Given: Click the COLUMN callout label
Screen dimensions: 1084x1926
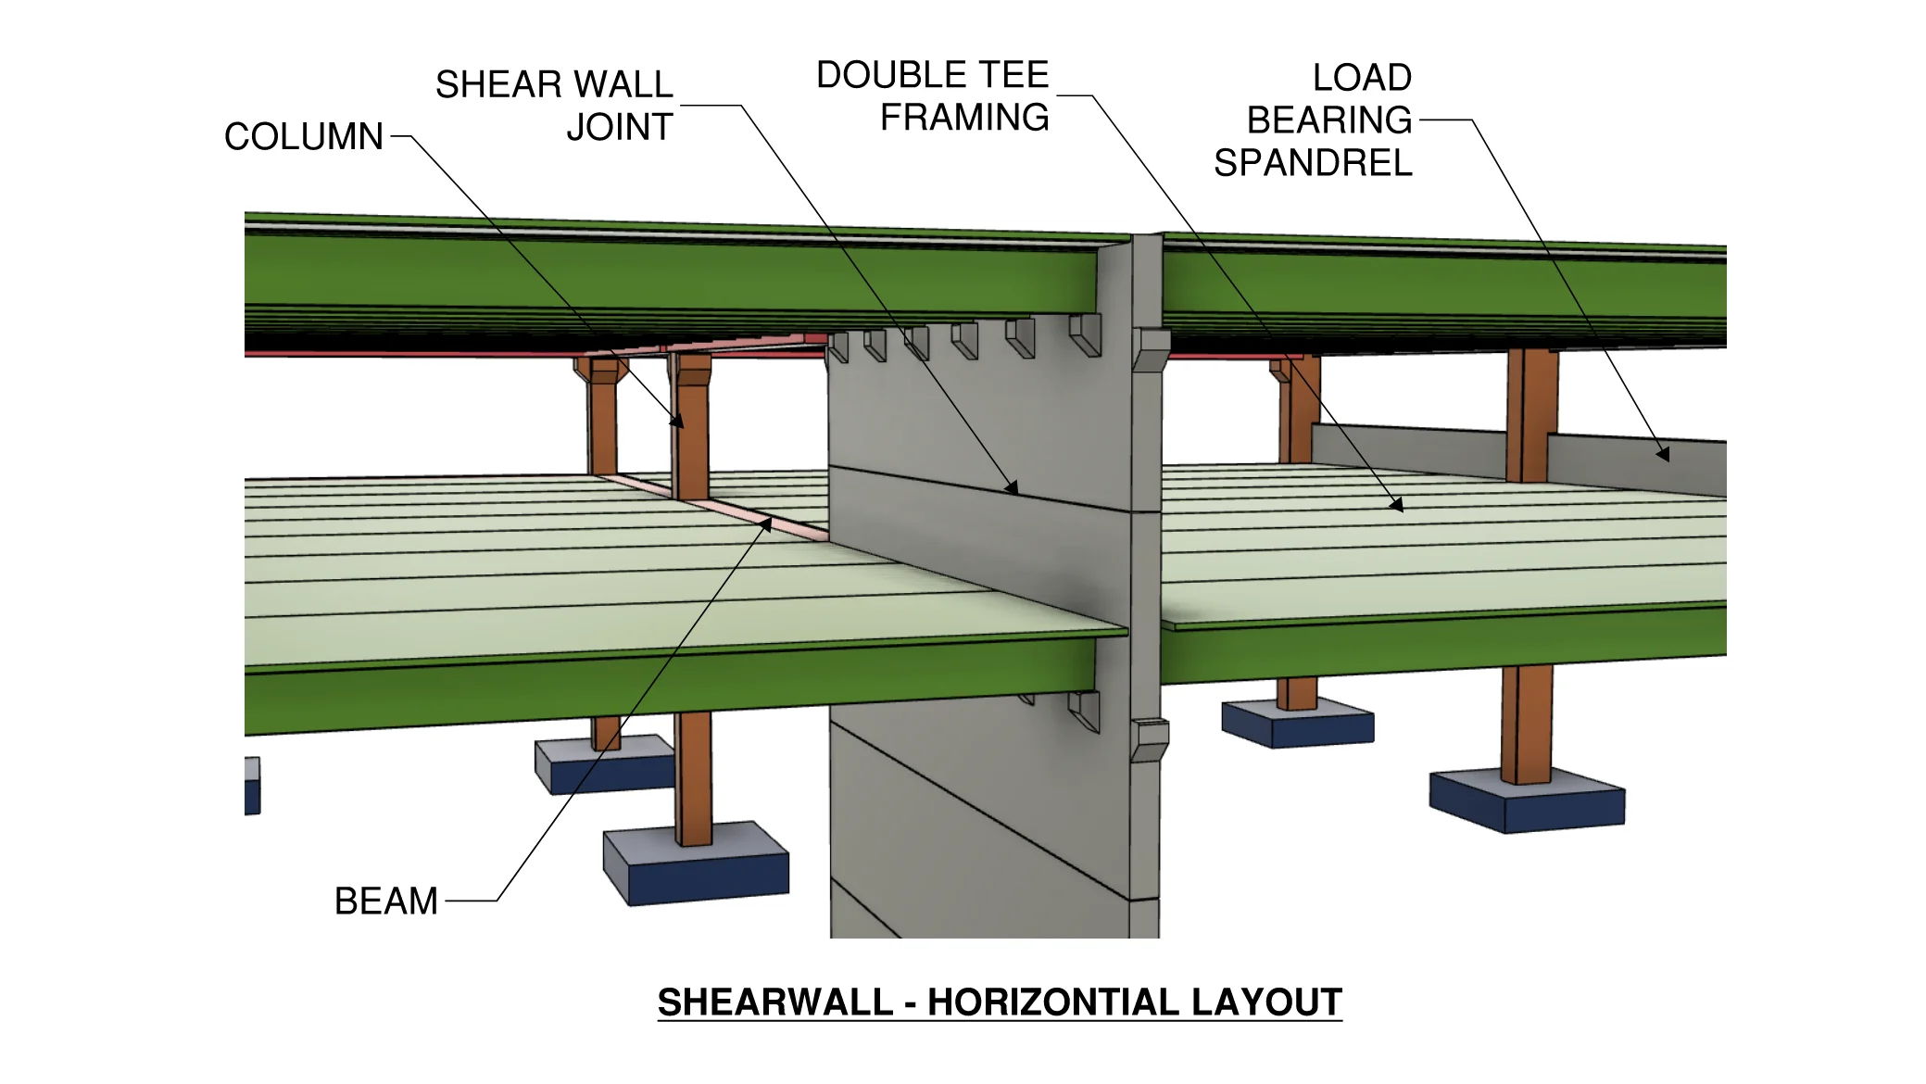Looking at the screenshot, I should (303, 137).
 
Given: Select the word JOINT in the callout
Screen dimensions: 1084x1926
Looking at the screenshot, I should (619, 128).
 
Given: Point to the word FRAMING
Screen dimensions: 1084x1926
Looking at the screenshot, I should (964, 118).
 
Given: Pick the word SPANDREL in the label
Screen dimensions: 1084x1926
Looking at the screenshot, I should (1313, 163).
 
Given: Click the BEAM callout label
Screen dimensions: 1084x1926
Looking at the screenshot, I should (385, 901).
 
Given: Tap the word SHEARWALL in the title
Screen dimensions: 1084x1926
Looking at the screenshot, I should (774, 1002).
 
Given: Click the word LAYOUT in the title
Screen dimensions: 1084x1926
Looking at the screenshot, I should (1266, 1002).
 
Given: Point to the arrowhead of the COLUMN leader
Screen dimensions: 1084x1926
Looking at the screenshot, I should (680, 423).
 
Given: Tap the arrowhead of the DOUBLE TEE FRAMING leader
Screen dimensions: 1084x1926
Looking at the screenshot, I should (1398, 507).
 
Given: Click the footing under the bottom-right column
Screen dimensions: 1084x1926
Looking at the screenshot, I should (1527, 802).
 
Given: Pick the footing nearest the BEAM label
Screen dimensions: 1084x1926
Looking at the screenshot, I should (695, 866).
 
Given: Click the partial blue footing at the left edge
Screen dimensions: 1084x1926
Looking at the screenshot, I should (252, 786).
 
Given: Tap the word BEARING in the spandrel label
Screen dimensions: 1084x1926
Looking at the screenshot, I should (1328, 120).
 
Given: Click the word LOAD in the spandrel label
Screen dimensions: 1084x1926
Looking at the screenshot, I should (1361, 78).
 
